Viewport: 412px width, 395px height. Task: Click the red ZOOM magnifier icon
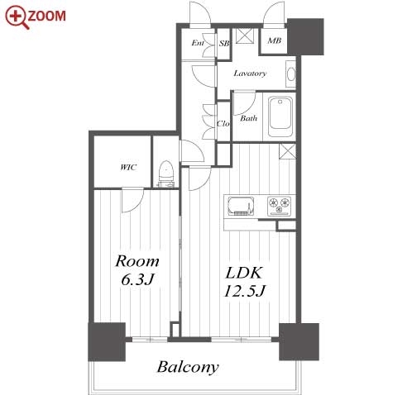pyautogui.click(x=17, y=17)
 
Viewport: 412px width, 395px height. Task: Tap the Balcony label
pyautogui.click(x=188, y=367)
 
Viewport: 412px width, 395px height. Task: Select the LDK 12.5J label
pyautogui.click(x=244, y=282)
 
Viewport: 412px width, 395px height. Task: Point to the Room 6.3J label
pyautogui.click(x=137, y=270)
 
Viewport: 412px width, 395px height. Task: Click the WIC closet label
pyautogui.click(x=128, y=167)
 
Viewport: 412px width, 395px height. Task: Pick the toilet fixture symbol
pyautogui.click(x=166, y=174)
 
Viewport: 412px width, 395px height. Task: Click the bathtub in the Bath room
pyautogui.click(x=280, y=117)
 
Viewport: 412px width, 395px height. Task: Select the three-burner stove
pyautogui.click(x=279, y=206)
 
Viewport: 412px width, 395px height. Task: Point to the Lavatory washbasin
pyautogui.click(x=291, y=74)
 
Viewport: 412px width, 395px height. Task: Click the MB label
pyautogui.click(x=274, y=40)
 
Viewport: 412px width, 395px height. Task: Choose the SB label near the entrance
pyautogui.click(x=224, y=43)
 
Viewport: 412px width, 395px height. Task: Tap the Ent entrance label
pyautogui.click(x=198, y=43)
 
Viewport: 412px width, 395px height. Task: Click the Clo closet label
pyautogui.click(x=223, y=123)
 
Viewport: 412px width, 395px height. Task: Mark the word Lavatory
pyautogui.click(x=250, y=74)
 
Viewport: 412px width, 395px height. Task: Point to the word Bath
pyautogui.click(x=248, y=118)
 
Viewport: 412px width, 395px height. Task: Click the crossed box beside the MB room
pyautogui.click(x=244, y=36)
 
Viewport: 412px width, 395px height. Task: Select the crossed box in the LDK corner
pyautogui.click(x=287, y=151)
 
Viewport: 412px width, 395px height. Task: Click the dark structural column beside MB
pyautogui.click(x=305, y=36)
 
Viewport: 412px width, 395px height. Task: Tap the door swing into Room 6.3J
pyautogui.click(x=132, y=200)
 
